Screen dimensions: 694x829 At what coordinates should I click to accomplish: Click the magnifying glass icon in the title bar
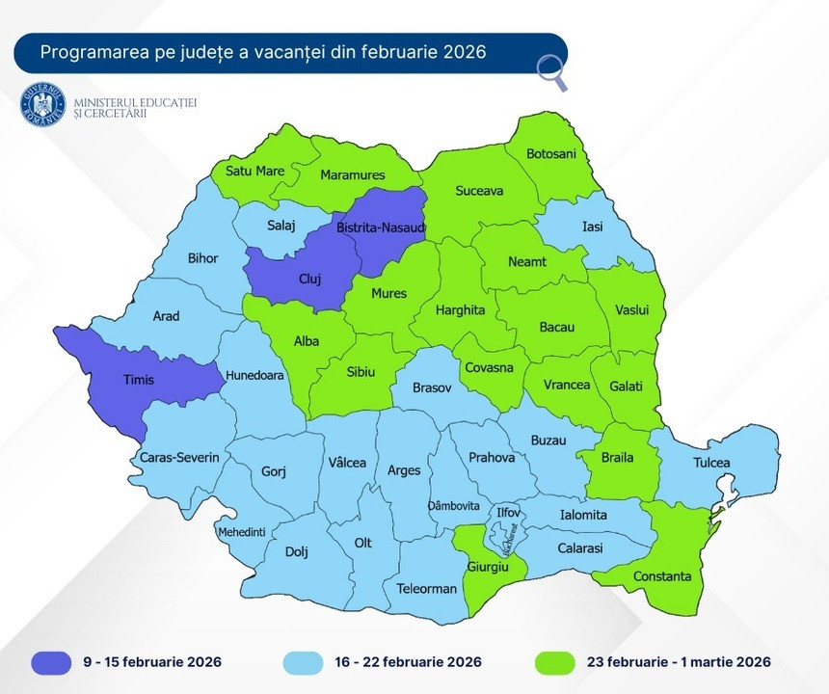(551, 72)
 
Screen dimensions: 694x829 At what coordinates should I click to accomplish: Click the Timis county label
(138, 380)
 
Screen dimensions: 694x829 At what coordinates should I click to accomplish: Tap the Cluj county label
(309, 280)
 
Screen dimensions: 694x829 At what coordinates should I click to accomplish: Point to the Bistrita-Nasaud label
(381, 229)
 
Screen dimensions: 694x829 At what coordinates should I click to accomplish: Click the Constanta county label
(662, 576)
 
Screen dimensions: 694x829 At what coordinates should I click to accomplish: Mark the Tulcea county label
(711, 463)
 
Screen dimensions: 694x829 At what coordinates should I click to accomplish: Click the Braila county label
(617, 458)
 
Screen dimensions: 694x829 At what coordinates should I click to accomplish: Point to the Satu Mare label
(254, 172)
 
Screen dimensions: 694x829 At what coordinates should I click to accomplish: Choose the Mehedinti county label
(241, 532)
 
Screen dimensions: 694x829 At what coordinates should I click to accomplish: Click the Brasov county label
(431, 387)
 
